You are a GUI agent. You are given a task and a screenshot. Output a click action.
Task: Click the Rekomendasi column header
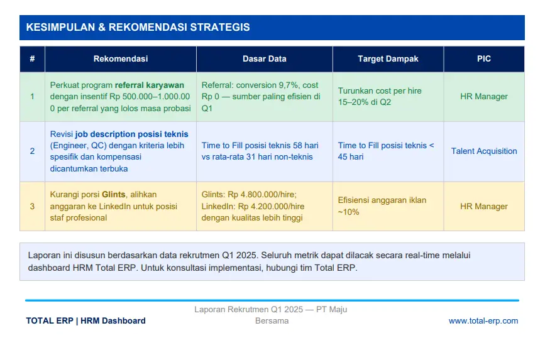[x=120, y=59]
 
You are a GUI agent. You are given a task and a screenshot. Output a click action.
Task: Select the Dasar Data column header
[x=265, y=59]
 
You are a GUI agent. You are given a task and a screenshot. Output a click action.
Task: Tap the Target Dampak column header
[x=388, y=59]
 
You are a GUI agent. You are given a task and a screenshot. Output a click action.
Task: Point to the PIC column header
[x=484, y=59]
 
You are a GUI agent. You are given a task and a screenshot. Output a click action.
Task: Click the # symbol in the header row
[x=32, y=59]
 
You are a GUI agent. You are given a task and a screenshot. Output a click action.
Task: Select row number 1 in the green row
[x=32, y=96]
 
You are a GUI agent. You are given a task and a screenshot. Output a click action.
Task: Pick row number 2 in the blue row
[x=32, y=151]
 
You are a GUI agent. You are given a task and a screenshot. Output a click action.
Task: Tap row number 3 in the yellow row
[x=32, y=207]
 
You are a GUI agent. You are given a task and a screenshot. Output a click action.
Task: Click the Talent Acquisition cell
[x=484, y=151]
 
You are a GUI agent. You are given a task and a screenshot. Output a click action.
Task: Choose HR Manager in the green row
[x=484, y=96]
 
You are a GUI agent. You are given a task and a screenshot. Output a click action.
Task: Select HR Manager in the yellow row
[x=484, y=207]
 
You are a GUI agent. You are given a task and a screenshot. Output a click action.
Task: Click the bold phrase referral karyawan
[x=150, y=85]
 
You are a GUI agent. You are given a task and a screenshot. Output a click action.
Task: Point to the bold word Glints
[x=114, y=195]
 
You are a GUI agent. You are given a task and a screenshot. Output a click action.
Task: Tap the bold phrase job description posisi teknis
[x=131, y=134]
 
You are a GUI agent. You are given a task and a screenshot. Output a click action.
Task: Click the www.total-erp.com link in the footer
[x=483, y=321]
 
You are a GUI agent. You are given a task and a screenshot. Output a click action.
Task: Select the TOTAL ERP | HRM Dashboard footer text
[x=85, y=321]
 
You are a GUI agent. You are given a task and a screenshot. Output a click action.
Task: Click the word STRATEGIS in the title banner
[x=220, y=28]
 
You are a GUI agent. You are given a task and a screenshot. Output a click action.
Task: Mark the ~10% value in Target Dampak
[x=348, y=212]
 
